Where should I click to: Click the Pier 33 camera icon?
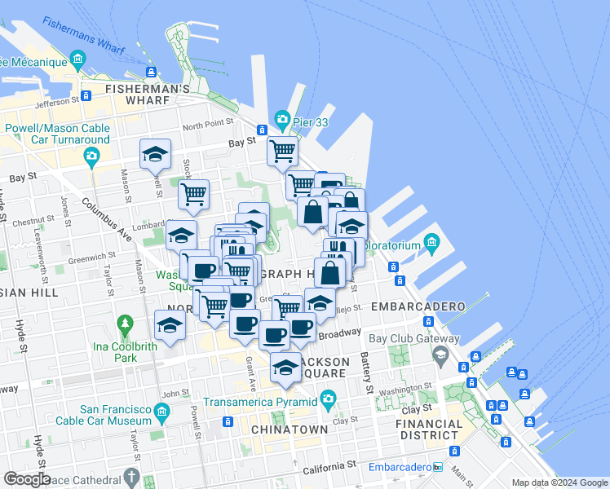click(282, 120)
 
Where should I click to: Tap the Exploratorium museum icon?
click(431, 243)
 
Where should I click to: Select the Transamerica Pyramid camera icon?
click(328, 399)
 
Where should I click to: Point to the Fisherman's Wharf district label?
click(137, 94)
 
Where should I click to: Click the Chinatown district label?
click(290, 430)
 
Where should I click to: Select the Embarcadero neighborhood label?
click(418, 306)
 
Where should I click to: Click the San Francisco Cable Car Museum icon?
click(161, 414)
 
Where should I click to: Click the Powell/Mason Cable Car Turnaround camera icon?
click(92, 156)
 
